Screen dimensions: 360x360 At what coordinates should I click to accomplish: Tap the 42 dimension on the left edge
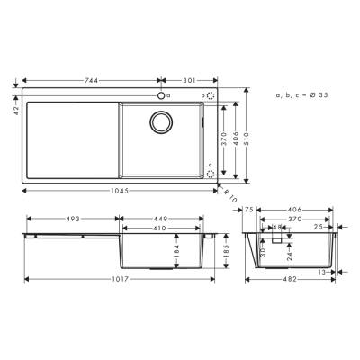tap(16, 109)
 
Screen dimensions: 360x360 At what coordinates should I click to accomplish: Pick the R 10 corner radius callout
tap(229, 195)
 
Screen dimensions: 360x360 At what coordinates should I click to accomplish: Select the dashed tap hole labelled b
tap(211, 94)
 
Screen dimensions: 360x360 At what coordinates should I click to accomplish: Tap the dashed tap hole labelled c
tap(212, 176)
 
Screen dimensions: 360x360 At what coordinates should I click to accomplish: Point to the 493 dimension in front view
tap(70, 217)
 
